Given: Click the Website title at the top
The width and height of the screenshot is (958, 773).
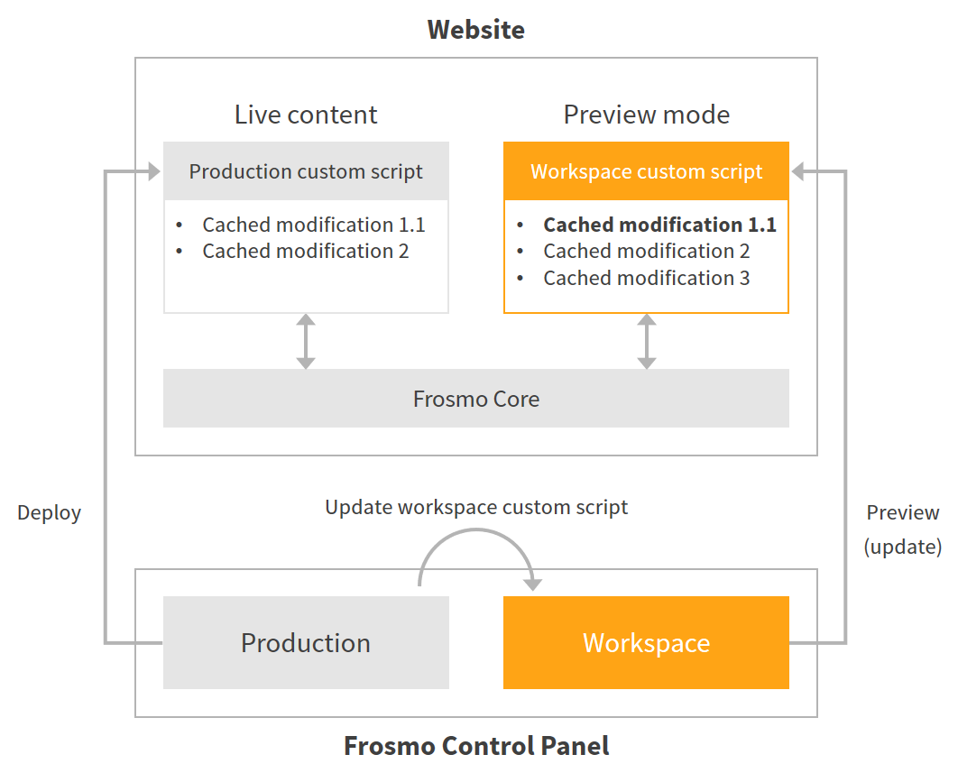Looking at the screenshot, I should coord(475,30).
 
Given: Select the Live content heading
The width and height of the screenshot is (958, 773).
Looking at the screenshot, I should coord(306,115).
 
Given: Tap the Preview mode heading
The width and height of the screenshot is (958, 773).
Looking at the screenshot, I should coord(646,115).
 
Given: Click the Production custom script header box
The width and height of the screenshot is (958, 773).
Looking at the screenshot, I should coord(306,171).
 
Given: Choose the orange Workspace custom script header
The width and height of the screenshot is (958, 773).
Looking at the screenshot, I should coord(646,171).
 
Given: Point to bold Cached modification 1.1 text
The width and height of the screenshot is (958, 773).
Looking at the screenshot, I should coord(659,225).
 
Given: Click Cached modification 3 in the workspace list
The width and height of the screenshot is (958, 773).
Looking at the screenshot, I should coord(646,278).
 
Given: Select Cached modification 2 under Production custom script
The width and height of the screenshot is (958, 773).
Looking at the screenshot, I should coord(305,251).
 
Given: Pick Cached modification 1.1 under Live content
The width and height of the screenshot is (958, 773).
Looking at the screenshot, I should coord(313,225).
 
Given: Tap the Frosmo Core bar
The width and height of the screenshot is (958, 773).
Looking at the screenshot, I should coord(475,399).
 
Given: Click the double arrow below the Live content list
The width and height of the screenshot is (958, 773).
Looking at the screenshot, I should coord(306,341).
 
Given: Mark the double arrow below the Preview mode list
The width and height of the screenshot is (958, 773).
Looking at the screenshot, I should coord(646,341).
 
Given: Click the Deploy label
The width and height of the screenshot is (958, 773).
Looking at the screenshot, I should coord(50,513).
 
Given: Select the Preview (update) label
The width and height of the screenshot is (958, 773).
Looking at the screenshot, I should coord(902,529).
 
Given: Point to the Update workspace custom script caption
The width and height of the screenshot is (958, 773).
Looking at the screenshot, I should coord(475,507).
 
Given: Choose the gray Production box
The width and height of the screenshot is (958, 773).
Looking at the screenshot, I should coord(306,642).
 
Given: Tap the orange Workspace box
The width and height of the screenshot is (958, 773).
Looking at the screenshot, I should coord(646,642).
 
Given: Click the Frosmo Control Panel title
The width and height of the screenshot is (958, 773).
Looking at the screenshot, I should coord(475,746).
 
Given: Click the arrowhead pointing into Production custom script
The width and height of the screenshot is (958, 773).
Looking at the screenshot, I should coord(153,171).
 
